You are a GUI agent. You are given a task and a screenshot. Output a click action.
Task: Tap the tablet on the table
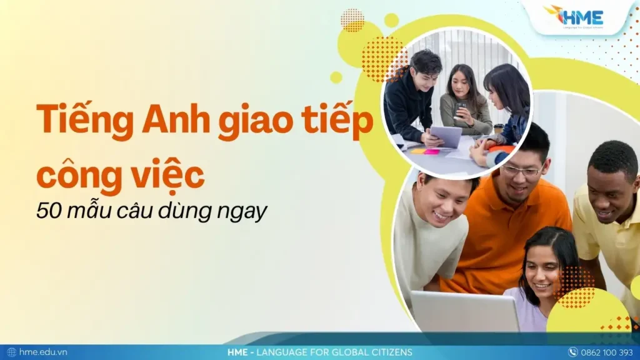[446, 136]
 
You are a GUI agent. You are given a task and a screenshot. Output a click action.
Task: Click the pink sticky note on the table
[431, 151]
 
